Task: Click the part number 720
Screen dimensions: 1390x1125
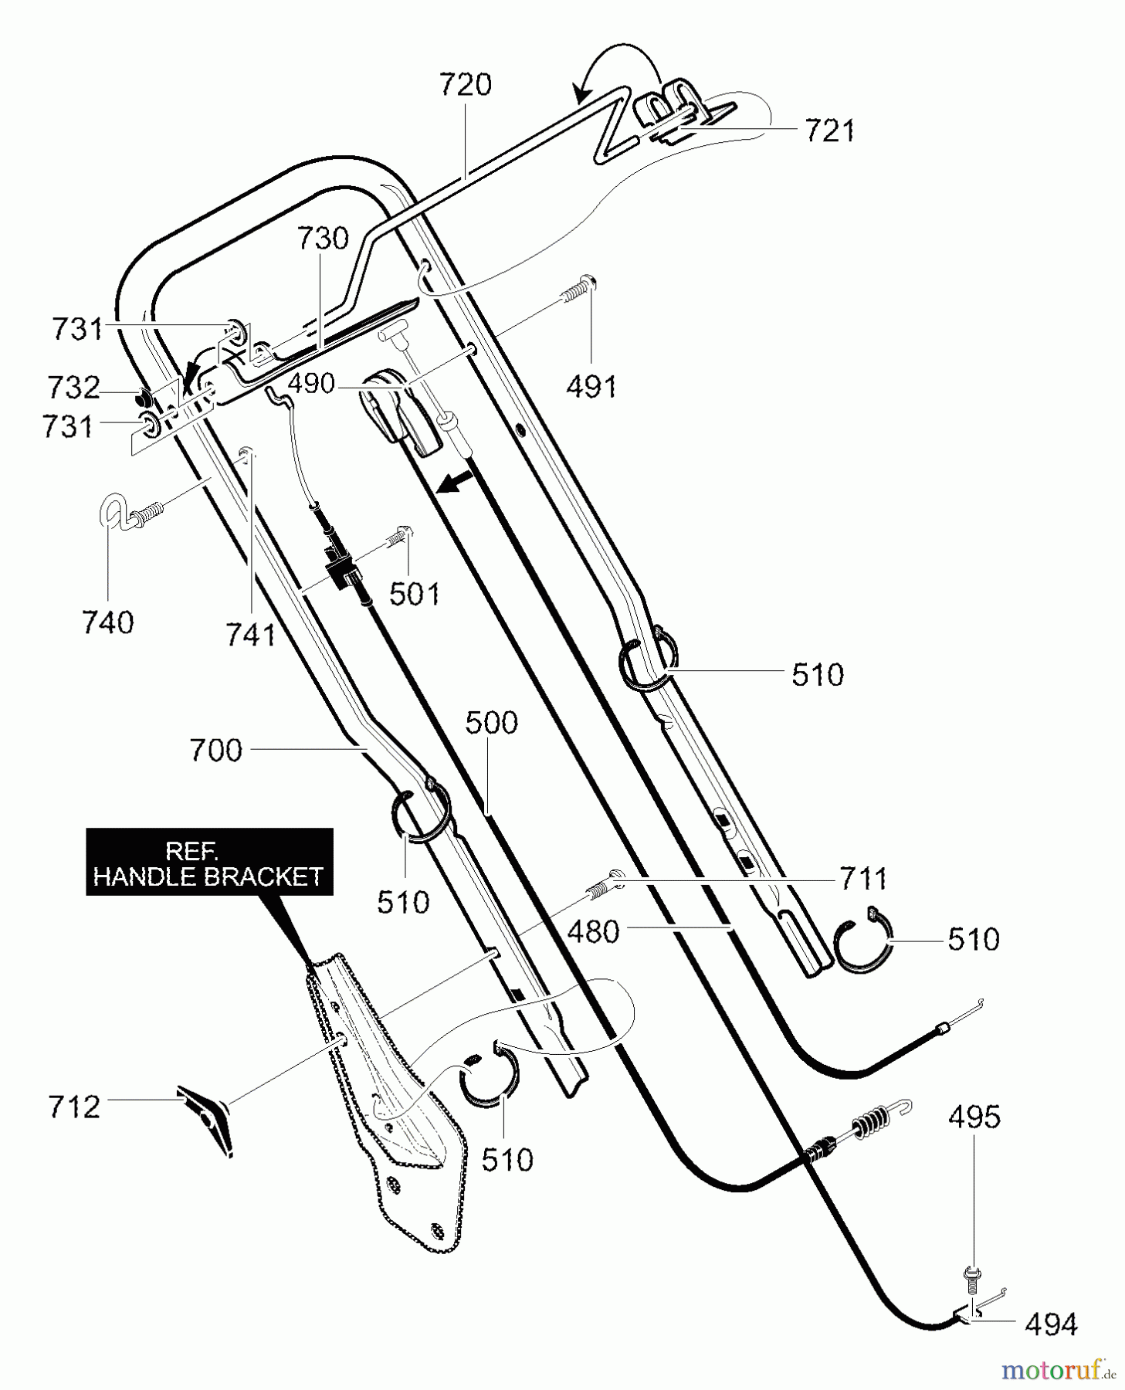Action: [x=465, y=84]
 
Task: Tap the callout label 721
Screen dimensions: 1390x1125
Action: [x=829, y=131]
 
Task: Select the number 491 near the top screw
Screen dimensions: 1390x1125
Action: [x=591, y=386]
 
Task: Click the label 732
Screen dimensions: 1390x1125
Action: [x=73, y=387]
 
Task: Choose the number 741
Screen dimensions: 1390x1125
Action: [x=250, y=635]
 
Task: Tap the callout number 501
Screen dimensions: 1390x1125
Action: [x=415, y=594]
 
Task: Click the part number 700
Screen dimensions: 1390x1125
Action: [x=215, y=750]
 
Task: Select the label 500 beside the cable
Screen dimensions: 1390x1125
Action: [x=491, y=723]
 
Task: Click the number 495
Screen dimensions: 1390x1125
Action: [x=974, y=1117]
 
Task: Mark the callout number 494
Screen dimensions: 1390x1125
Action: [x=1050, y=1324]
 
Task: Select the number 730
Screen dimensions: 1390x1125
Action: [x=323, y=239]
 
